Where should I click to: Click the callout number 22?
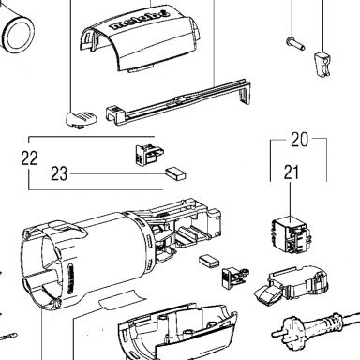pos(29,158)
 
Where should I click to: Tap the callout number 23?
pos(59,173)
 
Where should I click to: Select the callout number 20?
pos(299,140)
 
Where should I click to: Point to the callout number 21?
pos(292,172)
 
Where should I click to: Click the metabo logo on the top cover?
pos(140,21)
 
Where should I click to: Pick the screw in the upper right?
pos(295,43)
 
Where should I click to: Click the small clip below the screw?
pos(322,64)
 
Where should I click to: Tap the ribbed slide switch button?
pos(81,119)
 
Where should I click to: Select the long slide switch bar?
pos(178,101)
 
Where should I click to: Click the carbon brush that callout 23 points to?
pos(176,173)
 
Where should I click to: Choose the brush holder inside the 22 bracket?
pos(149,154)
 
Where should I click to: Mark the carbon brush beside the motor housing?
pos(210,262)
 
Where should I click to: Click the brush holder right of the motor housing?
pos(235,276)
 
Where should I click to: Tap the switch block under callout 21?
pos(292,235)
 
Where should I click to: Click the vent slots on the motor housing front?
pos(70,279)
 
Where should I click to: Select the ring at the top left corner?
pos(19,34)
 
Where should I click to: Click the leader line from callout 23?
pos(118,173)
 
